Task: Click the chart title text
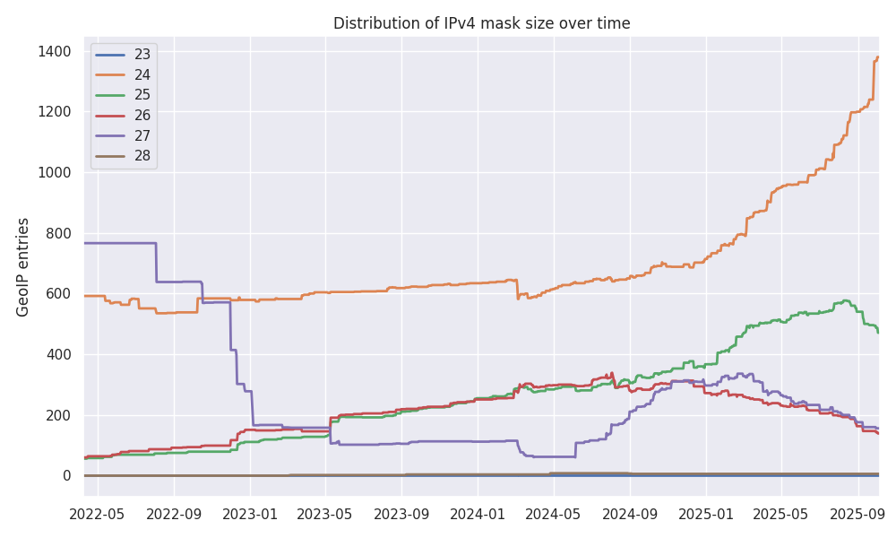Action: (x=481, y=23)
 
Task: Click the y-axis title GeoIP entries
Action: (x=23, y=266)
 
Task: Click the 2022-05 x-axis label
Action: (x=97, y=516)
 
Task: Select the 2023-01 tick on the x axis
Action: (x=250, y=516)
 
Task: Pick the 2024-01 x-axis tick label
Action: (x=477, y=516)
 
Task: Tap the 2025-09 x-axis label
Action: (x=857, y=516)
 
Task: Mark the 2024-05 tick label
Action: (x=553, y=516)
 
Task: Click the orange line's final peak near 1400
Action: (x=877, y=57)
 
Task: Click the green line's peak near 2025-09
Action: (x=846, y=300)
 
